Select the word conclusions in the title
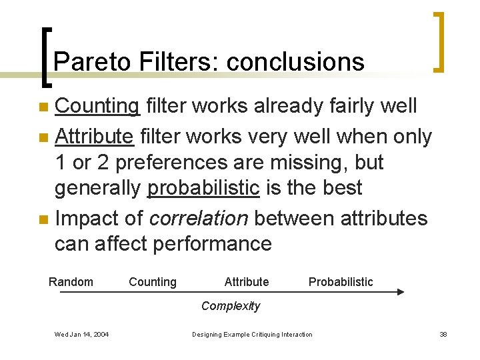click(295, 62)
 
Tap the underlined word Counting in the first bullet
click(97, 105)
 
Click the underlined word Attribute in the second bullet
click(94, 137)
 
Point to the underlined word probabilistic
click(203, 189)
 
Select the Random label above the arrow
click(71, 282)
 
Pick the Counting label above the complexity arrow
click(153, 282)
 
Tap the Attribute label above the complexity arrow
click(247, 282)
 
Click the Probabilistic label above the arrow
click(341, 282)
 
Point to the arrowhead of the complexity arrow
click(401, 292)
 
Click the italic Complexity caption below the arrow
click(231, 306)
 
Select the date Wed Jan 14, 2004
click(83, 334)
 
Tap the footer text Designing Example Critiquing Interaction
click(252, 334)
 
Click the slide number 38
click(443, 334)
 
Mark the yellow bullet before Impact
click(43, 219)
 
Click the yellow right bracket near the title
click(439, 41)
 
